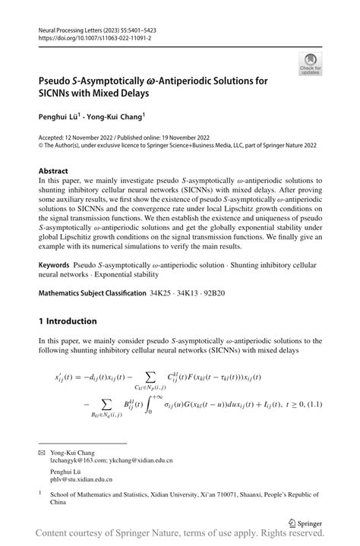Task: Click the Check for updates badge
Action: [x=309, y=63]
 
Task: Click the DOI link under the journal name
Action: [x=89, y=36]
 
